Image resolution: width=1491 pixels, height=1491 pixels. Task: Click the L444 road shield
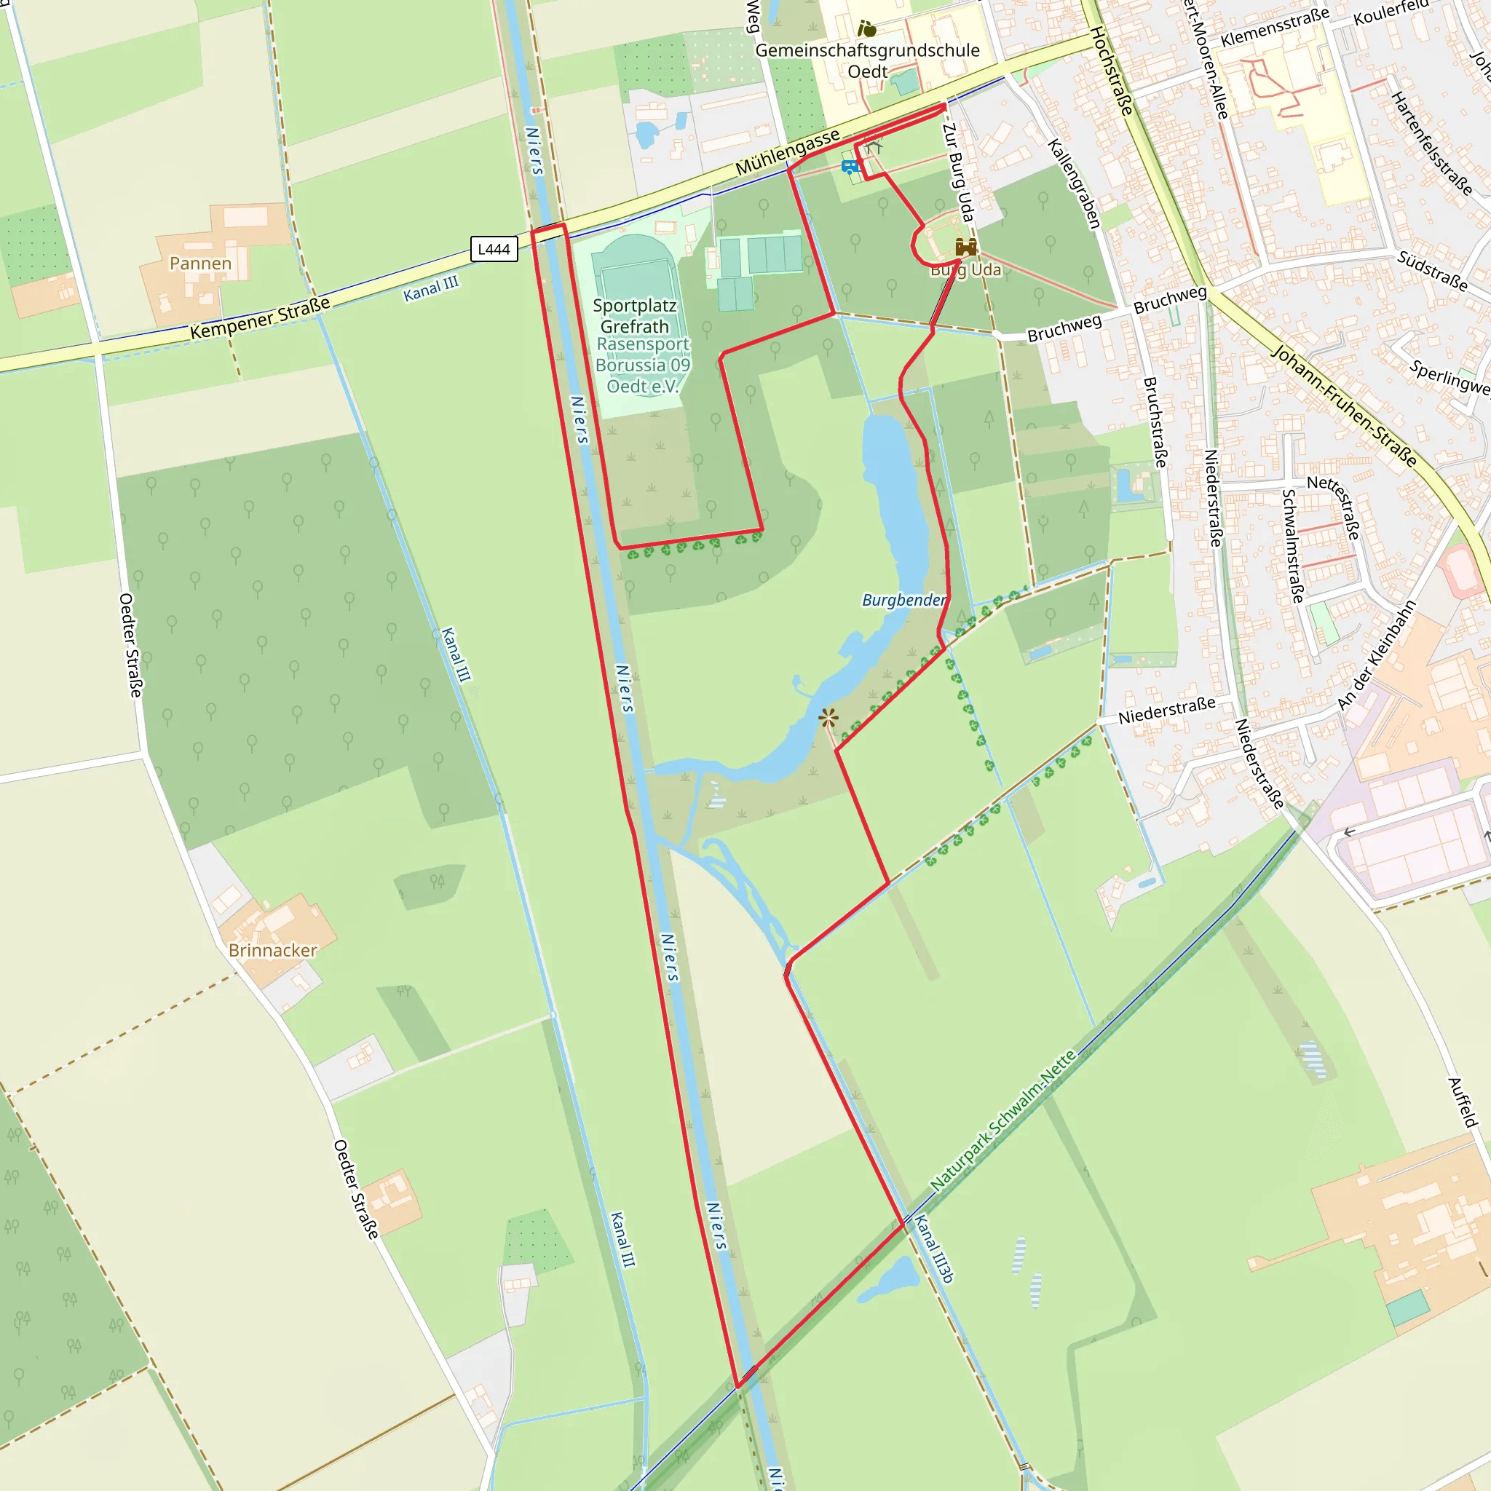coord(494,249)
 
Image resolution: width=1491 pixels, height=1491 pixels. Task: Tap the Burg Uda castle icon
coord(965,247)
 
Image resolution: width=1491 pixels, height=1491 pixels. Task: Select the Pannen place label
coord(201,264)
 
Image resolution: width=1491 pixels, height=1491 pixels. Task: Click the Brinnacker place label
coord(272,950)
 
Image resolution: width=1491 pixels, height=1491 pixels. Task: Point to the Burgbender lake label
coord(903,601)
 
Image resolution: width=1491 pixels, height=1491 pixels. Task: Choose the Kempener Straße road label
coord(260,318)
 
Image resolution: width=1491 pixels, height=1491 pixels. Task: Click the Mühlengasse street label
coord(787,152)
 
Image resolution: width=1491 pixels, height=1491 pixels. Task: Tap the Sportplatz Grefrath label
coord(634,317)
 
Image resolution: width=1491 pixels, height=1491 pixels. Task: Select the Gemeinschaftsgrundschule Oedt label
coord(867,61)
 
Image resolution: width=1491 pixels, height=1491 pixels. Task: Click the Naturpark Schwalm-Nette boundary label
coord(1002,1121)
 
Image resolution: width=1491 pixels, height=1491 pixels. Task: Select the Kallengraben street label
coord(1074,183)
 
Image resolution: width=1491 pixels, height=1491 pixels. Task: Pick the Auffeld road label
coord(1462,1103)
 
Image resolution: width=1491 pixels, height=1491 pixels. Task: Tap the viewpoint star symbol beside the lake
coord(828,719)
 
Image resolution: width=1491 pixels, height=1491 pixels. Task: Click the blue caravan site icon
coord(850,167)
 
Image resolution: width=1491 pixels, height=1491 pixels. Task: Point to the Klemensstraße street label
coord(1275,27)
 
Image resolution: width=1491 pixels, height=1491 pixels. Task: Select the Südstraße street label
coord(1432,271)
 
